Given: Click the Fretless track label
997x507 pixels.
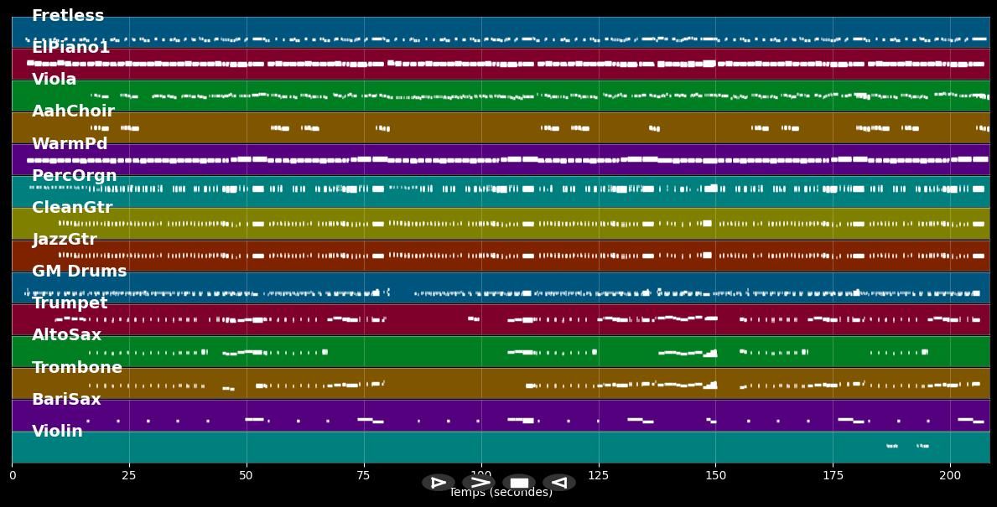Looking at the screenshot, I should (68, 16).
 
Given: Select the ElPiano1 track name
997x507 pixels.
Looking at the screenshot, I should (70, 48).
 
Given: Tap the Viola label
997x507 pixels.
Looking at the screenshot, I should (55, 80).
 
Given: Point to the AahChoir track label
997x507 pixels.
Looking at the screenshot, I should (73, 111).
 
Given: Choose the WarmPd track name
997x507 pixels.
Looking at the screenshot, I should (70, 144).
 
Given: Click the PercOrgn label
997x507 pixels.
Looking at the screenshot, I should (74, 176).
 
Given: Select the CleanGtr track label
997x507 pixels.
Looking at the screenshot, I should (72, 208).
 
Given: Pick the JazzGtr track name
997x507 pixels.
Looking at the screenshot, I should (65, 240).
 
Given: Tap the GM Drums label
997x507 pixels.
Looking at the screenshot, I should (80, 272).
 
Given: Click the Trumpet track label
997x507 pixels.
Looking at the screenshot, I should (70, 303).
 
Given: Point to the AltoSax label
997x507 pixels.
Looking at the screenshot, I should (67, 335).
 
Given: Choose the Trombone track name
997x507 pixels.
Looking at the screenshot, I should (77, 368).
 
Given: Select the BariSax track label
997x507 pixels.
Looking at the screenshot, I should (66, 400).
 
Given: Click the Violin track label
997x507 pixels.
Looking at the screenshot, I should (58, 432).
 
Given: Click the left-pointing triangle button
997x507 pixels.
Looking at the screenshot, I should (559, 483).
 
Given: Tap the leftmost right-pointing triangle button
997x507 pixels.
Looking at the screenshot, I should (439, 483).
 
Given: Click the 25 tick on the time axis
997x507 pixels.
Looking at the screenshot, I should (129, 475).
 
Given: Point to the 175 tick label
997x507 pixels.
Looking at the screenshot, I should (833, 475).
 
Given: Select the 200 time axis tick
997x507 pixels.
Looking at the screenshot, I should (951, 475).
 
